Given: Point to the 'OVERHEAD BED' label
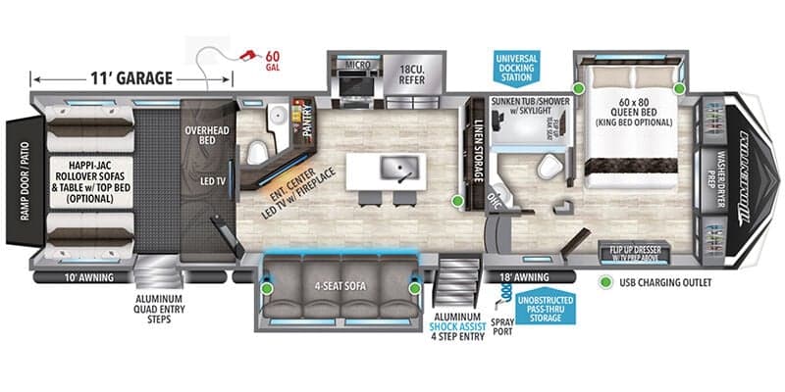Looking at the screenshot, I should [206, 134].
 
